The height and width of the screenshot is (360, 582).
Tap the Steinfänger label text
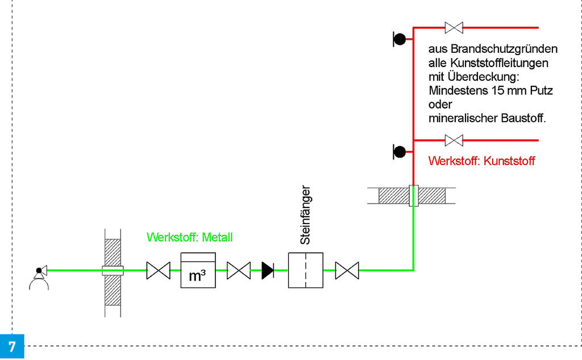click(305, 214)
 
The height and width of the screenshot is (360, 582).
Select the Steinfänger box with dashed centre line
click(305, 270)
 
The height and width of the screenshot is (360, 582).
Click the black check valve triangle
click(268, 270)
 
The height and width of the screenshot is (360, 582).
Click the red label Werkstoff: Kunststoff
click(481, 161)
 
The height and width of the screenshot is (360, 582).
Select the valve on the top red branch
click(454, 27)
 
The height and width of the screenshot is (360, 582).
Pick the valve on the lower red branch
click(454, 140)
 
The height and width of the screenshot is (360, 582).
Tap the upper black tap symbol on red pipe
click(400, 39)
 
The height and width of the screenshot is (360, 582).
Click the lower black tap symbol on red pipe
click(400, 151)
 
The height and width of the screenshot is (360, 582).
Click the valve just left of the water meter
click(158, 270)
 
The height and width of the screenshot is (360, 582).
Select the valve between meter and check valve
click(239, 270)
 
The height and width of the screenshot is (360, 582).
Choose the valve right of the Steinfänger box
click(347, 270)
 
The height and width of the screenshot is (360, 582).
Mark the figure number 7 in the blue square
click(12, 346)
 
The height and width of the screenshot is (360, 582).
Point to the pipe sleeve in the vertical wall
click(113, 270)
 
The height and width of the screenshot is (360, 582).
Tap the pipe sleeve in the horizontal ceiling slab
click(413, 196)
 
